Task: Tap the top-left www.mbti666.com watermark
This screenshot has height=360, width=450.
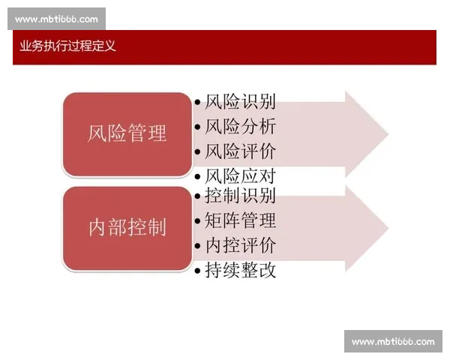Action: (56, 19)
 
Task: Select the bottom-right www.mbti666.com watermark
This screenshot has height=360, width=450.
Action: (393, 342)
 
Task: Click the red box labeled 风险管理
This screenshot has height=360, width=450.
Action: (127, 134)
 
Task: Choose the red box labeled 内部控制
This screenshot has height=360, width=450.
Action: (127, 228)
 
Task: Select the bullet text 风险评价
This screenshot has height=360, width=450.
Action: (240, 151)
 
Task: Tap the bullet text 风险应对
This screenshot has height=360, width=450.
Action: (240, 177)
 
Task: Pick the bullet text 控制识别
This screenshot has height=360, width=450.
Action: (240, 196)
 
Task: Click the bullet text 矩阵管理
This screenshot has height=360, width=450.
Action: (240, 220)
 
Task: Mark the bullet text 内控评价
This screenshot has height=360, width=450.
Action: (240, 245)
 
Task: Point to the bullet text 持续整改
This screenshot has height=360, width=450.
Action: (240, 270)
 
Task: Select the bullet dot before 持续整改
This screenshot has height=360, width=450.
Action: (197, 271)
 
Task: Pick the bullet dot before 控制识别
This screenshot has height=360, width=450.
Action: (197, 197)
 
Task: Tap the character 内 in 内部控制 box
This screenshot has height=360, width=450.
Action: (97, 228)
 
